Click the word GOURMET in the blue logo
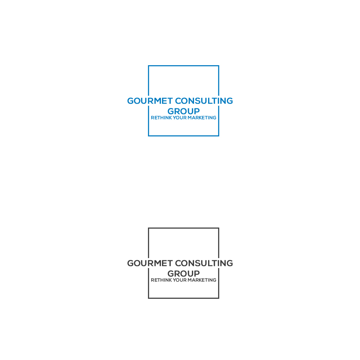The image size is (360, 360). pos(150,101)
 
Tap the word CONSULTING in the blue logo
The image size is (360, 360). pos(204,101)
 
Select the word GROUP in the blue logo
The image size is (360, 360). pos(184,111)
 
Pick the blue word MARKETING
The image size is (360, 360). pos(202,118)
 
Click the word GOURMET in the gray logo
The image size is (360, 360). pos(150,263)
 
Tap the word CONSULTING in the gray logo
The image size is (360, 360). pos(204,263)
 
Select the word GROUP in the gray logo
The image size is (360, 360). pos(184,274)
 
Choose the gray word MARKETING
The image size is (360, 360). pos(202,280)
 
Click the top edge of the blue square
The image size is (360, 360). pos(184,66)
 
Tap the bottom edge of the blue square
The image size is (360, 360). pos(184,136)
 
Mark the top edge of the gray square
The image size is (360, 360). pos(184,228)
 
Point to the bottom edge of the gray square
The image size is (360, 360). pos(184,298)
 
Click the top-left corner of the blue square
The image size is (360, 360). pos(149,66)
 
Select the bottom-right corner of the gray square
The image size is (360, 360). pos(219,298)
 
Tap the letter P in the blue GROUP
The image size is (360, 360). pos(197,111)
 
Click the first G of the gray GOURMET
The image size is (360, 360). pos(131,263)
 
